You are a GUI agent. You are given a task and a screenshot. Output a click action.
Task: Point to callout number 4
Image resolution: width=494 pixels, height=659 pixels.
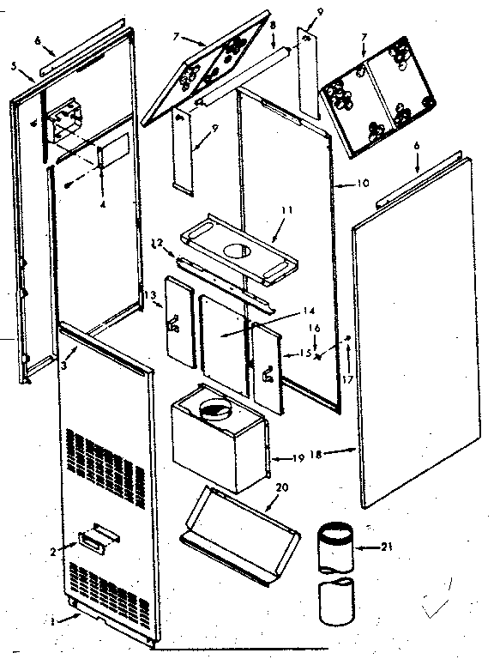101,205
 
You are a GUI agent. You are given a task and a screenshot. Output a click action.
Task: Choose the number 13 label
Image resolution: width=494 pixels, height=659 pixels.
153,297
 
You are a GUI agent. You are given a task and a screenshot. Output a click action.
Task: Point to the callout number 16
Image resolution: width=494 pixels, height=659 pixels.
315,328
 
